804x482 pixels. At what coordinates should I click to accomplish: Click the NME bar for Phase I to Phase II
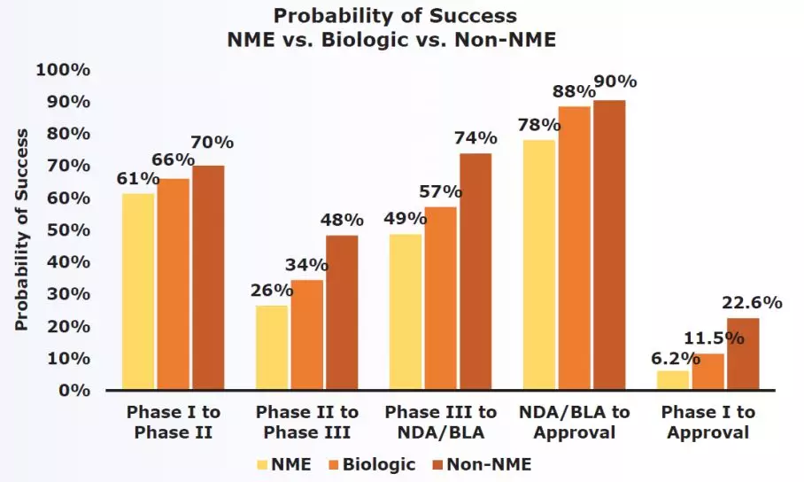pyautogui.click(x=138, y=292)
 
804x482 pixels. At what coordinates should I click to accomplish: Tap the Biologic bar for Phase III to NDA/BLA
pyautogui.click(x=441, y=299)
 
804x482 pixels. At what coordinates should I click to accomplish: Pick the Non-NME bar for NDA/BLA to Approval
pyautogui.click(x=609, y=245)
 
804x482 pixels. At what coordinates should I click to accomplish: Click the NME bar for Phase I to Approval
pyautogui.click(x=673, y=380)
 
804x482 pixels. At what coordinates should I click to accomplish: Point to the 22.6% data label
pyautogui.click(x=756, y=303)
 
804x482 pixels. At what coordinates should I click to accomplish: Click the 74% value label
pyautogui.click(x=476, y=138)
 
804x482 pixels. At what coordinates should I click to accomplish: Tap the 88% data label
pyautogui.click(x=573, y=91)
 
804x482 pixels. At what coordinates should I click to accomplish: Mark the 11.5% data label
pyautogui.click(x=705, y=338)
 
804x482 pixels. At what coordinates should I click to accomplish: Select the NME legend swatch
pyautogui.click(x=263, y=463)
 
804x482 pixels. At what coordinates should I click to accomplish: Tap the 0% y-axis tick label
pyautogui.click(x=73, y=391)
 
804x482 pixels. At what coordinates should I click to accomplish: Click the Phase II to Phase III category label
pyautogui.click(x=306, y=423)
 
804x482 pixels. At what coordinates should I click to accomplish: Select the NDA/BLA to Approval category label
pyautogui.click(x=573, y=423)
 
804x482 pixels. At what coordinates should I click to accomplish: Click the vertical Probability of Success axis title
pyautogui.click(x=22, y=229)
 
